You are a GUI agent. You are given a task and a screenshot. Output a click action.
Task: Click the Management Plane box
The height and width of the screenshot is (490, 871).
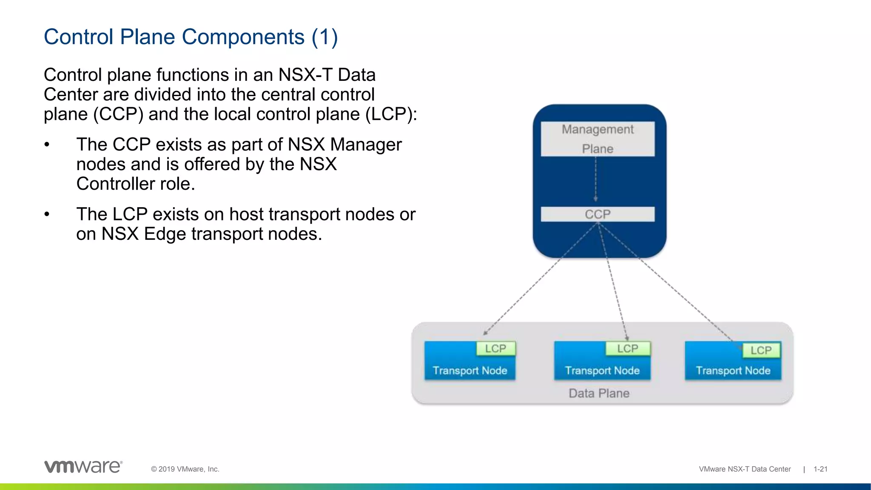[598, 139]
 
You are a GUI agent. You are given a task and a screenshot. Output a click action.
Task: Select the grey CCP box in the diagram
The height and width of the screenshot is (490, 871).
[598, 214]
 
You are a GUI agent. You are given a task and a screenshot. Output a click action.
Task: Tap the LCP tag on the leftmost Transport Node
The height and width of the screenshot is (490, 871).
[495, 349]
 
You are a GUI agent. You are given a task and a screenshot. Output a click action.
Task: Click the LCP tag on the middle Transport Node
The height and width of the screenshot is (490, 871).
[628, 349]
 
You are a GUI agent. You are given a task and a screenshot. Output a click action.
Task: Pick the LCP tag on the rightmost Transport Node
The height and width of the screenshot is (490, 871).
[761, 350]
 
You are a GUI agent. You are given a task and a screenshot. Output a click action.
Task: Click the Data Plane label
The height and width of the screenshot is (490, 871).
[599, 393]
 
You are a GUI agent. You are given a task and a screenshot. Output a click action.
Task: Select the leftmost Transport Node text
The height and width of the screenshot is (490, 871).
[470, 370]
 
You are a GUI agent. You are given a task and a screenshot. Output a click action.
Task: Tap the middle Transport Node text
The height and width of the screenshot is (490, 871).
[602, 370]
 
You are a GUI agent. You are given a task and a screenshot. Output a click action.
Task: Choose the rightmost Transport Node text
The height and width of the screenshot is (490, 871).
[733, 370]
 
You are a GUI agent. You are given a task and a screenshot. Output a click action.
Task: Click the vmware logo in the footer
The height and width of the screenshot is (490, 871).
[83, 467]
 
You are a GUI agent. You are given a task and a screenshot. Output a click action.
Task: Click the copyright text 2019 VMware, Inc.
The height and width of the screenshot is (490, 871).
[185, 469]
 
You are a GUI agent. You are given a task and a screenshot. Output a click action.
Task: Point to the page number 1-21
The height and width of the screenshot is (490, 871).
[820, 469]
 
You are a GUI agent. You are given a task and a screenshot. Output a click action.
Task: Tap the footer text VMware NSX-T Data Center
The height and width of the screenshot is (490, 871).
[745, 469]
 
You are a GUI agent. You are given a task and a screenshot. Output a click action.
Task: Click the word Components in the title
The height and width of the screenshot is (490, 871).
[243, 37]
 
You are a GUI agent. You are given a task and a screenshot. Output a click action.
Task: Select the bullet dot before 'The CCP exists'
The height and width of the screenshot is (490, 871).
[47, 145]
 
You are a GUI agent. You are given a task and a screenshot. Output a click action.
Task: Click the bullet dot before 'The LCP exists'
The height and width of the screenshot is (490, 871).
[47, 215]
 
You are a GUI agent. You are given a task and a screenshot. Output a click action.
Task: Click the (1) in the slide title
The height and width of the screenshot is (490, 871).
[324, 37]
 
